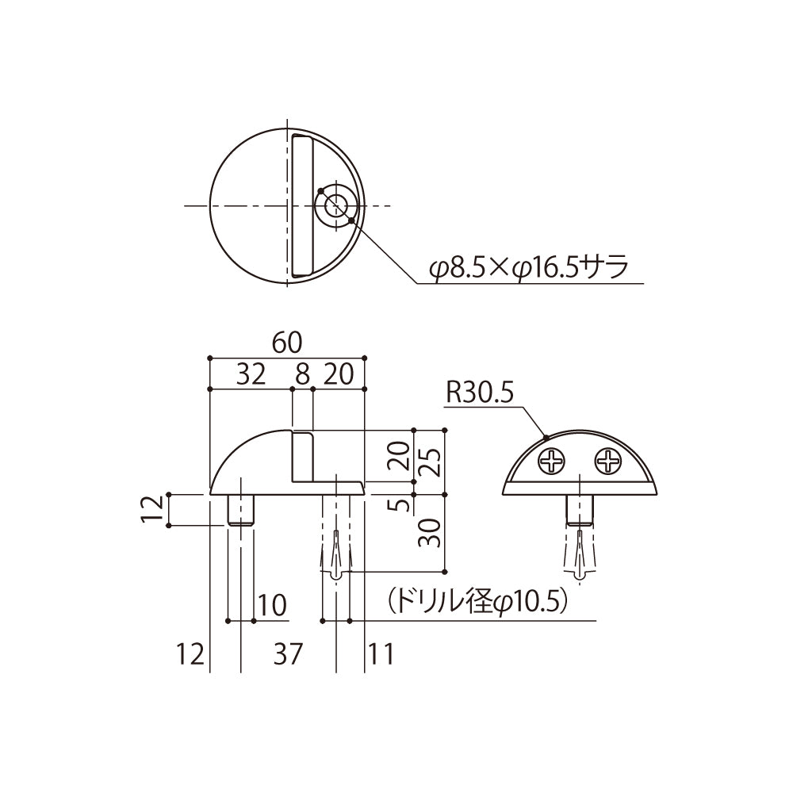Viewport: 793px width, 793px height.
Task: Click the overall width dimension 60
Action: coord(286,343)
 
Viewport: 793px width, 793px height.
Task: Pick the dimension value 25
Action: coord(430,457)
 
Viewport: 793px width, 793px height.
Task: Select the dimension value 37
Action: coord(288,654)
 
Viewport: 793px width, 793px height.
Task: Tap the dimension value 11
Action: coord(381,654)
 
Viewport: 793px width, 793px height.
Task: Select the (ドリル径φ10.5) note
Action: coord(477,602)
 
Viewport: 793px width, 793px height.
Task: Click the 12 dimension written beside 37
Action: coord(190,654)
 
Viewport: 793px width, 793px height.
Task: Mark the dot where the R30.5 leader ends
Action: coord(546,436)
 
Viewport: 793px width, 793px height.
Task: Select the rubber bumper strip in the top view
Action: coord(301,206)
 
